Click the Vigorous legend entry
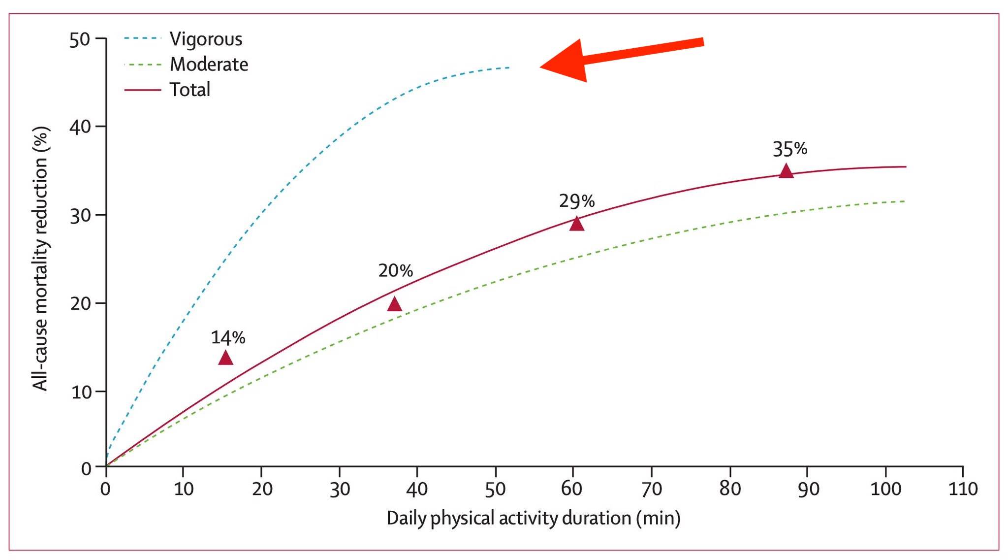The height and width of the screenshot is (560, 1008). (x=206, y=39)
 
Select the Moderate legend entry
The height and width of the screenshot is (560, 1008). (x=209, y=65)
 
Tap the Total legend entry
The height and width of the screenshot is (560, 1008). (x=189, y=90)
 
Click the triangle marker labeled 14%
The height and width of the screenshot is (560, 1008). (x=225, y=358)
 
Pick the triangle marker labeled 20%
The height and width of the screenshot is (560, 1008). (x=394, y=304)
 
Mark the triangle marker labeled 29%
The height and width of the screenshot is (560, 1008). (x=577, y=224)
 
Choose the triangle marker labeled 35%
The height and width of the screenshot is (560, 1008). (x=786, y=171)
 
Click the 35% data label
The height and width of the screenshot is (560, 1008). (x=789, y=149)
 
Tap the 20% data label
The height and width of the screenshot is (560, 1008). (x=395, y=270)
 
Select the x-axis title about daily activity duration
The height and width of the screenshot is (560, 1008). (x=533, y=518)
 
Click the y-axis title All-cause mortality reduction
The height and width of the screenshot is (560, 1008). (x=41, y=259)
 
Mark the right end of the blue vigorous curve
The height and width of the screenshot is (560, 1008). (x=509, y=67)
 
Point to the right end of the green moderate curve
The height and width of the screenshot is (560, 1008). (x=905, y=201)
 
